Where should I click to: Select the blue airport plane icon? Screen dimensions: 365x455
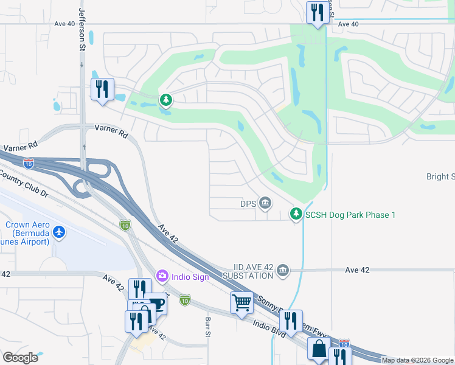59,232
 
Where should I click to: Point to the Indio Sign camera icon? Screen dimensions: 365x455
162,276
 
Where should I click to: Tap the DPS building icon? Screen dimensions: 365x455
265,202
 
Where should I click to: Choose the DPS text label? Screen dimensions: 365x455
249,203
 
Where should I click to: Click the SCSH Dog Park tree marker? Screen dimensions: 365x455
296,214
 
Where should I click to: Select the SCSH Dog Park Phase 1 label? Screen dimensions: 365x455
350,215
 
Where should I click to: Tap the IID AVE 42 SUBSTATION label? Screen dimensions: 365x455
254,271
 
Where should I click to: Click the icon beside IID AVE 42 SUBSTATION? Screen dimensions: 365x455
282,270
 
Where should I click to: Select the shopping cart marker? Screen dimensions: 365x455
241,302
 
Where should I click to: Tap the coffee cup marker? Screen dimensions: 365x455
156,304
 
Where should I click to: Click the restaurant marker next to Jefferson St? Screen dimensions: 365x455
102,89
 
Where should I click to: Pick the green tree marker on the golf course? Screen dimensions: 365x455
165,99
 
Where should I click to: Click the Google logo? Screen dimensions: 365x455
20,358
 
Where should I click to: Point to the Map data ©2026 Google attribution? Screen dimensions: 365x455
417,360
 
